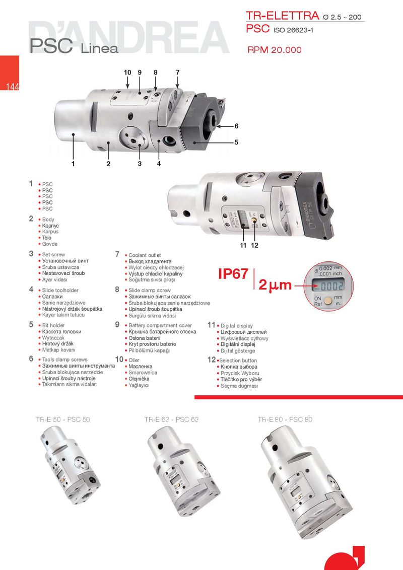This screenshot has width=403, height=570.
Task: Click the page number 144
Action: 13,87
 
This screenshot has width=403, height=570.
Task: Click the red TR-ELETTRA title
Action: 282,16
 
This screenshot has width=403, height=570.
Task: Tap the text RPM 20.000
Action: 275,50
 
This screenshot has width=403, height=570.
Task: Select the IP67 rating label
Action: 233,274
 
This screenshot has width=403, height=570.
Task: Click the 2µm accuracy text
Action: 275,285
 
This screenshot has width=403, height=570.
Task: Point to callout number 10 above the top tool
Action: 127,73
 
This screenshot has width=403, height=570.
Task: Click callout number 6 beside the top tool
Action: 236,126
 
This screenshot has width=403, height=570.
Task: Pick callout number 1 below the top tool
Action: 73,164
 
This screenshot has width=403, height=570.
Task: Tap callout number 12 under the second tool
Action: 254,245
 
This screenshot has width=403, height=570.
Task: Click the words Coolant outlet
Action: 145,255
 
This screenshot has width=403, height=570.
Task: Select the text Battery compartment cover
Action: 160,325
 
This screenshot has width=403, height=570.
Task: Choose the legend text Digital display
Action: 236,326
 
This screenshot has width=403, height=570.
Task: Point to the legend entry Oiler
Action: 134,360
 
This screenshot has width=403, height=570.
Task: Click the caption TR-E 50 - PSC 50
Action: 63,419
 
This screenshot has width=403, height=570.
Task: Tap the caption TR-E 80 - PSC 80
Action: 285,419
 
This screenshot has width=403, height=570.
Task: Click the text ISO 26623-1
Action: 293,30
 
